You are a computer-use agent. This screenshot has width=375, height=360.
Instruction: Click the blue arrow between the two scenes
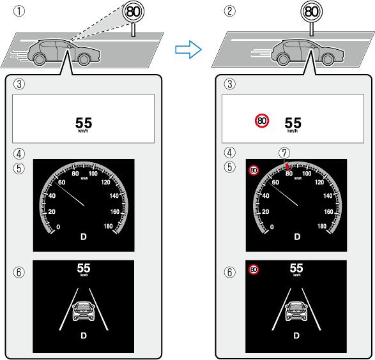pos(188,49)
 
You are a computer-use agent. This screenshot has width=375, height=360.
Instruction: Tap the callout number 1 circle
pos(19,11)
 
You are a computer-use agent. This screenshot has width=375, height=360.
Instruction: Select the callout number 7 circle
pos(284,153)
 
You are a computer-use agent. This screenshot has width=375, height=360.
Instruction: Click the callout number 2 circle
pos(229,11)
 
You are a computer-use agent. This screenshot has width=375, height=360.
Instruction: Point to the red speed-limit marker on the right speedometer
pos(287,167)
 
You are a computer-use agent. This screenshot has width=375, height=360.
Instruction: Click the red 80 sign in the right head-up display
pos(262,121)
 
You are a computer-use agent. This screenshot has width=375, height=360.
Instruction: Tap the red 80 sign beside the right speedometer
pos(254,170)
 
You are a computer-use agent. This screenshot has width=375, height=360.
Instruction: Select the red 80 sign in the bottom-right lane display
pos(254,269)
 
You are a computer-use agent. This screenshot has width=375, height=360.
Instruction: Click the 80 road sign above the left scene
pos(134,11)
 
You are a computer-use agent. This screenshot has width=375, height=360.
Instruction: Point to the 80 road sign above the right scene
pos(311,11)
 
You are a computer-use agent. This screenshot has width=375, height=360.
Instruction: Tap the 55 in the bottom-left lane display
pos(84,268)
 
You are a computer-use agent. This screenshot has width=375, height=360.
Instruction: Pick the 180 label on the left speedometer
pos(108,226)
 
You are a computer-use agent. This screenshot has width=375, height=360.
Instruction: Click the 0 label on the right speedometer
pos(272,227)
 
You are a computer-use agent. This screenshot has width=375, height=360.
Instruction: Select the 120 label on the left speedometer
pos(105,183)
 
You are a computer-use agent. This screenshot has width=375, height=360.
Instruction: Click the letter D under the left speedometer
pos(84,237)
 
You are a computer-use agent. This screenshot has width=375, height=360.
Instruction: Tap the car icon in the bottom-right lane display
pos(296,311)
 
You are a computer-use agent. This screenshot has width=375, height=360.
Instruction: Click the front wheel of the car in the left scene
pos(84,59)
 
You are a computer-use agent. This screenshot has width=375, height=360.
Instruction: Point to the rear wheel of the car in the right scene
pos(283,59)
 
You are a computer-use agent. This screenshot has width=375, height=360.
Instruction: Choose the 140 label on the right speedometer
pos(328,196)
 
